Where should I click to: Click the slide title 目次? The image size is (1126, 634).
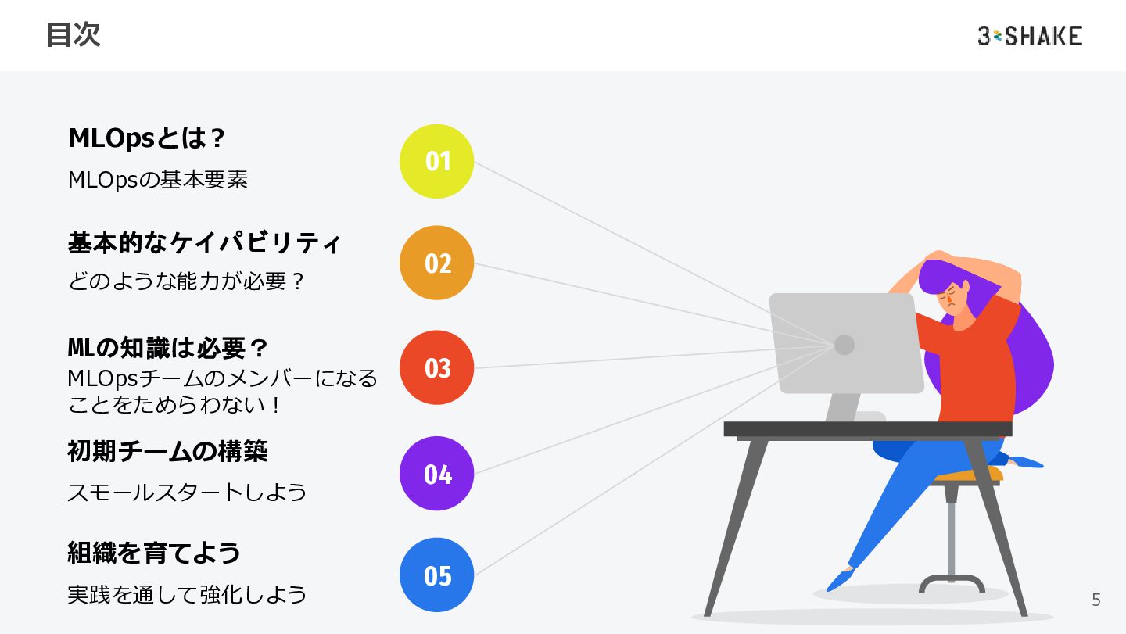73,35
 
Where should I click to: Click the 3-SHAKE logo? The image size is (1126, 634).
1029,36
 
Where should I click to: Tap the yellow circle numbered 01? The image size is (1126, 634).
437,161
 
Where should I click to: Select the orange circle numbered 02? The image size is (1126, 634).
437,263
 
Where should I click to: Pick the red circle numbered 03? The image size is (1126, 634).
437,367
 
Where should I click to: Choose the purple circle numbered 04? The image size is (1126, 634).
437,474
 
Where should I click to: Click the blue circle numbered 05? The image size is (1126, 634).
437,575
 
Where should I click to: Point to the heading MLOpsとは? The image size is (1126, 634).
147,138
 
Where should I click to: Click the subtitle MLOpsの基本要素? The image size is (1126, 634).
158,180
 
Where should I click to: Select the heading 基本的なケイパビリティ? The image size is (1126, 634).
204,242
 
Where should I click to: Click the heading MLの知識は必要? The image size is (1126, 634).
168,347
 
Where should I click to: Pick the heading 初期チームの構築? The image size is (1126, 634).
167,451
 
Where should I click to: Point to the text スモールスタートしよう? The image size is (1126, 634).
187,493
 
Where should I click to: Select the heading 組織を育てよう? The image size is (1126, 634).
154,553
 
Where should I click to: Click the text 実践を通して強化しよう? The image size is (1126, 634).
187,595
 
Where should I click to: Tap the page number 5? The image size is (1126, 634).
1096,600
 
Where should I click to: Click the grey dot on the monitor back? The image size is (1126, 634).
844,345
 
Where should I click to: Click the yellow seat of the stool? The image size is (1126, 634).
970,475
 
